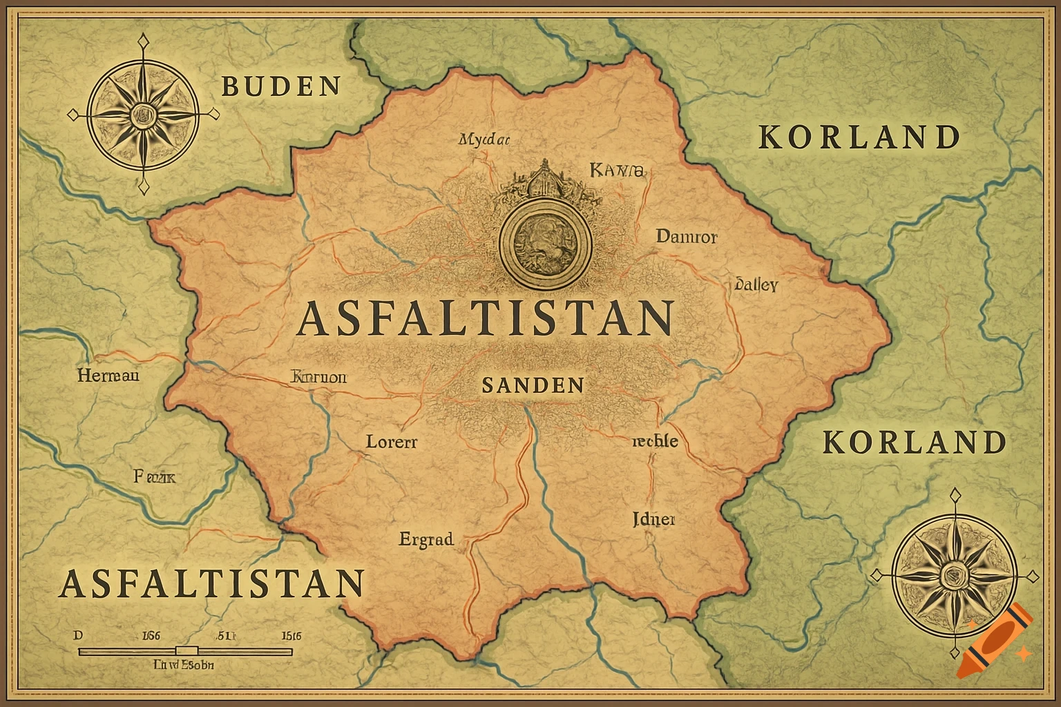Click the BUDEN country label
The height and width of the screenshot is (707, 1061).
point(281,86)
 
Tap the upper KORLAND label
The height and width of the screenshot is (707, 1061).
point(859,137)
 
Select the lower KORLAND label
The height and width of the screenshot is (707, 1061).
point(915,443)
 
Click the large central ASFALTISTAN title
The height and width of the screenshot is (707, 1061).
point(485,318)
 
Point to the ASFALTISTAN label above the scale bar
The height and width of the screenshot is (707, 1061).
point(212,583)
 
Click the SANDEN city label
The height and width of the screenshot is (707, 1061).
point(533,385)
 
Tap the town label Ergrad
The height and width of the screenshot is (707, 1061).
point(426,539)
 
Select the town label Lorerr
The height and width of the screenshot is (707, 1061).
point(391,442)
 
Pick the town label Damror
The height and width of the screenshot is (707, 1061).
point(686,237)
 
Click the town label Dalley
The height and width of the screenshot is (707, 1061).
point(756,284)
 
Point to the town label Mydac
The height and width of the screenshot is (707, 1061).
point(484,139)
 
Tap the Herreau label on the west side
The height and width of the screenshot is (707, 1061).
point(108,376)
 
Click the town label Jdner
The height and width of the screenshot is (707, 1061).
point(653,519)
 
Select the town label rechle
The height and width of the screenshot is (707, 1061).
point(655,441)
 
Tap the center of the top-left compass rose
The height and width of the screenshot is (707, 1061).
point(144,113)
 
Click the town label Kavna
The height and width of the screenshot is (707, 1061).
point(616,169)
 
